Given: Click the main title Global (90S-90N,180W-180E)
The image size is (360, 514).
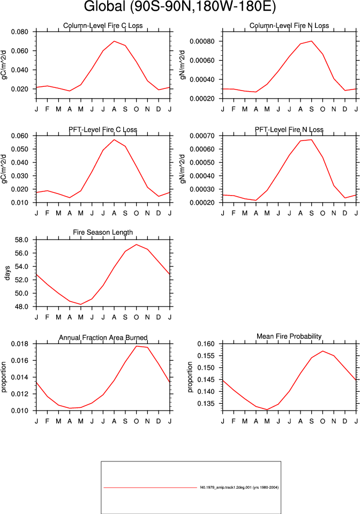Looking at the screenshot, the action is (180, 6).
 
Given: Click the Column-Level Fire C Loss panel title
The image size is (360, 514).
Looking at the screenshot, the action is (103, 26).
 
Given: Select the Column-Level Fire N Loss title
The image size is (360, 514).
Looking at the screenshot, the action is (289, 26).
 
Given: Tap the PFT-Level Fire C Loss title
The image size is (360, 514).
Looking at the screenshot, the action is (103, 130).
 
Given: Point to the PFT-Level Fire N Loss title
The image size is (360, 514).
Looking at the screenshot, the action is (289, 130).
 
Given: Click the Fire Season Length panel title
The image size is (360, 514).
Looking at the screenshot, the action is (103, 233).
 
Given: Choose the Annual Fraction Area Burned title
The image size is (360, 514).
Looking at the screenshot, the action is (103, 338).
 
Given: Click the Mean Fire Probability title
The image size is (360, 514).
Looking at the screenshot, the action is (289, 337).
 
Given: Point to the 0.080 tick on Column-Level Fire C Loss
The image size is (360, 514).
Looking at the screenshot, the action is (20, 32).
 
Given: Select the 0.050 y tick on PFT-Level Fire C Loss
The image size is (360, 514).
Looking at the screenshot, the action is (20, 149).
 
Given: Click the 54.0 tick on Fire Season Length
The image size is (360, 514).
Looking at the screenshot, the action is (21, 266).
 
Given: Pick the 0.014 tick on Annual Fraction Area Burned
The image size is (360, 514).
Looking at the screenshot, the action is (20, 377).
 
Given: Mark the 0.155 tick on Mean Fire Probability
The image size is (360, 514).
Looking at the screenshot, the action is (206, 356).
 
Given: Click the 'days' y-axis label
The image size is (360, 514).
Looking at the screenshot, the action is (7, 273).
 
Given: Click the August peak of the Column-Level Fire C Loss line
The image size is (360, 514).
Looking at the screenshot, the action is (114, 41).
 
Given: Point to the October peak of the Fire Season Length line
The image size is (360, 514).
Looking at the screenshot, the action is (137, 244).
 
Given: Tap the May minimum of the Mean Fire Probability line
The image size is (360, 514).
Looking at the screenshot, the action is (267, 409).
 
